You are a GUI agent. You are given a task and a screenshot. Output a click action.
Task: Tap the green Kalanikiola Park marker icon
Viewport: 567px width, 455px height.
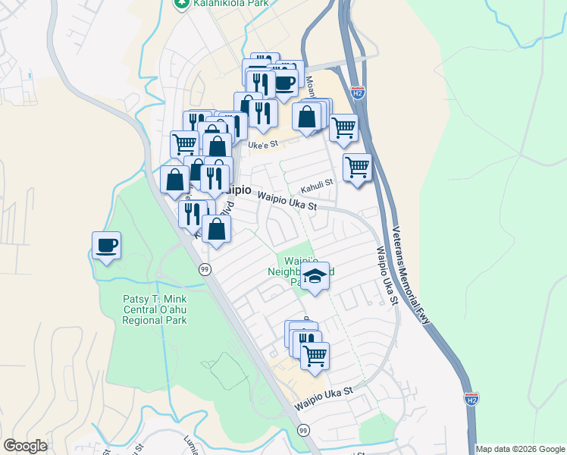point(180,4)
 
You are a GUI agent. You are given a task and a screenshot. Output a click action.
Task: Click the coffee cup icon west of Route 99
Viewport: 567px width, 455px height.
point(106,245)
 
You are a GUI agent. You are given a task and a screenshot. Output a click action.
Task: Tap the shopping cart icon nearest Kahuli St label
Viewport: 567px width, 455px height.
point(357,166)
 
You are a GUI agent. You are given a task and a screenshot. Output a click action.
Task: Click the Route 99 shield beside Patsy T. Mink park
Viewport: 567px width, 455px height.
point(205,269)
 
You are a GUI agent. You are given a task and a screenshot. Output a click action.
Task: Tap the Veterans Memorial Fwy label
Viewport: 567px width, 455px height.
point(412,276)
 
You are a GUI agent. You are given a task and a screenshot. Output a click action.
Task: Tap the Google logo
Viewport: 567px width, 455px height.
point(26,446)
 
